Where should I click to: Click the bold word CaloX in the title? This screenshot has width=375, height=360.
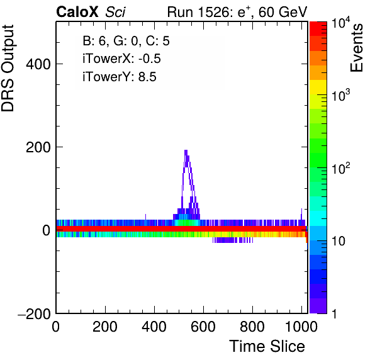(x=77, y=12)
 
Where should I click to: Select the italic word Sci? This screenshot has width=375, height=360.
(x=115, y=12)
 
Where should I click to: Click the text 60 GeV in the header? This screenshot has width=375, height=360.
(x=283, y=12)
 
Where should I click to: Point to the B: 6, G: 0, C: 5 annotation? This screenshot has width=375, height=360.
(x=126, y=41)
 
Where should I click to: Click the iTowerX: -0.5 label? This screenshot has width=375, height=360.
(x=121, y=59)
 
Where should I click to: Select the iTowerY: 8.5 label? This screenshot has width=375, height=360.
(x=120, y=77)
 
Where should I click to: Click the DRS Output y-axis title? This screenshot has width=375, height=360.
(x=8, y=68)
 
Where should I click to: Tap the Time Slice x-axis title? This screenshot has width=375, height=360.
(x=267, y=346)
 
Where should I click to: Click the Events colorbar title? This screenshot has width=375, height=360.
(x=356, y=48)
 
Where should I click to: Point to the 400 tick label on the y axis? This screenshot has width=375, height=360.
(x=38, y=64)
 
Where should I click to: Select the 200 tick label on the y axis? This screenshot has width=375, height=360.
(x=38, y=147)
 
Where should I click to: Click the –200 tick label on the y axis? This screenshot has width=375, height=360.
(x=35, y=313)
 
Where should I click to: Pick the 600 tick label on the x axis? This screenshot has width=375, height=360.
(x=203, y=326)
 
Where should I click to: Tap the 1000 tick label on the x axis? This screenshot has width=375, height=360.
(x=301, y=326)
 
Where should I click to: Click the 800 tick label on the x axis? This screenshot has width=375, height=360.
(x=252, y=326)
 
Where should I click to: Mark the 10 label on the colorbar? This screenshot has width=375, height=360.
(x=339, y=241)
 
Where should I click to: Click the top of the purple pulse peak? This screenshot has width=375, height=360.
(x=186, y=150)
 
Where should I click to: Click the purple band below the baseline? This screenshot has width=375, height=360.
(x=232, y=240)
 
